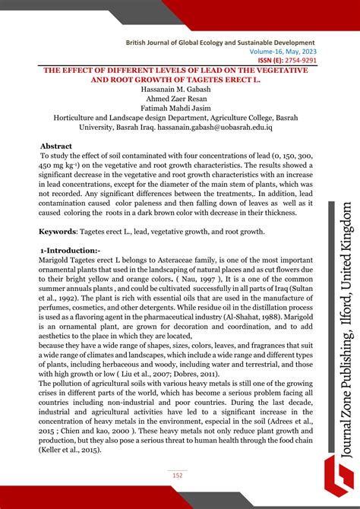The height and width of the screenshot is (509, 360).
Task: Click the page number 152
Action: pos(178,476)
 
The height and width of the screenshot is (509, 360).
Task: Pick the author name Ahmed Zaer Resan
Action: pos(178,99)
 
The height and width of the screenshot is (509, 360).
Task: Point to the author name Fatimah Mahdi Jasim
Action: pos(178,109)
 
